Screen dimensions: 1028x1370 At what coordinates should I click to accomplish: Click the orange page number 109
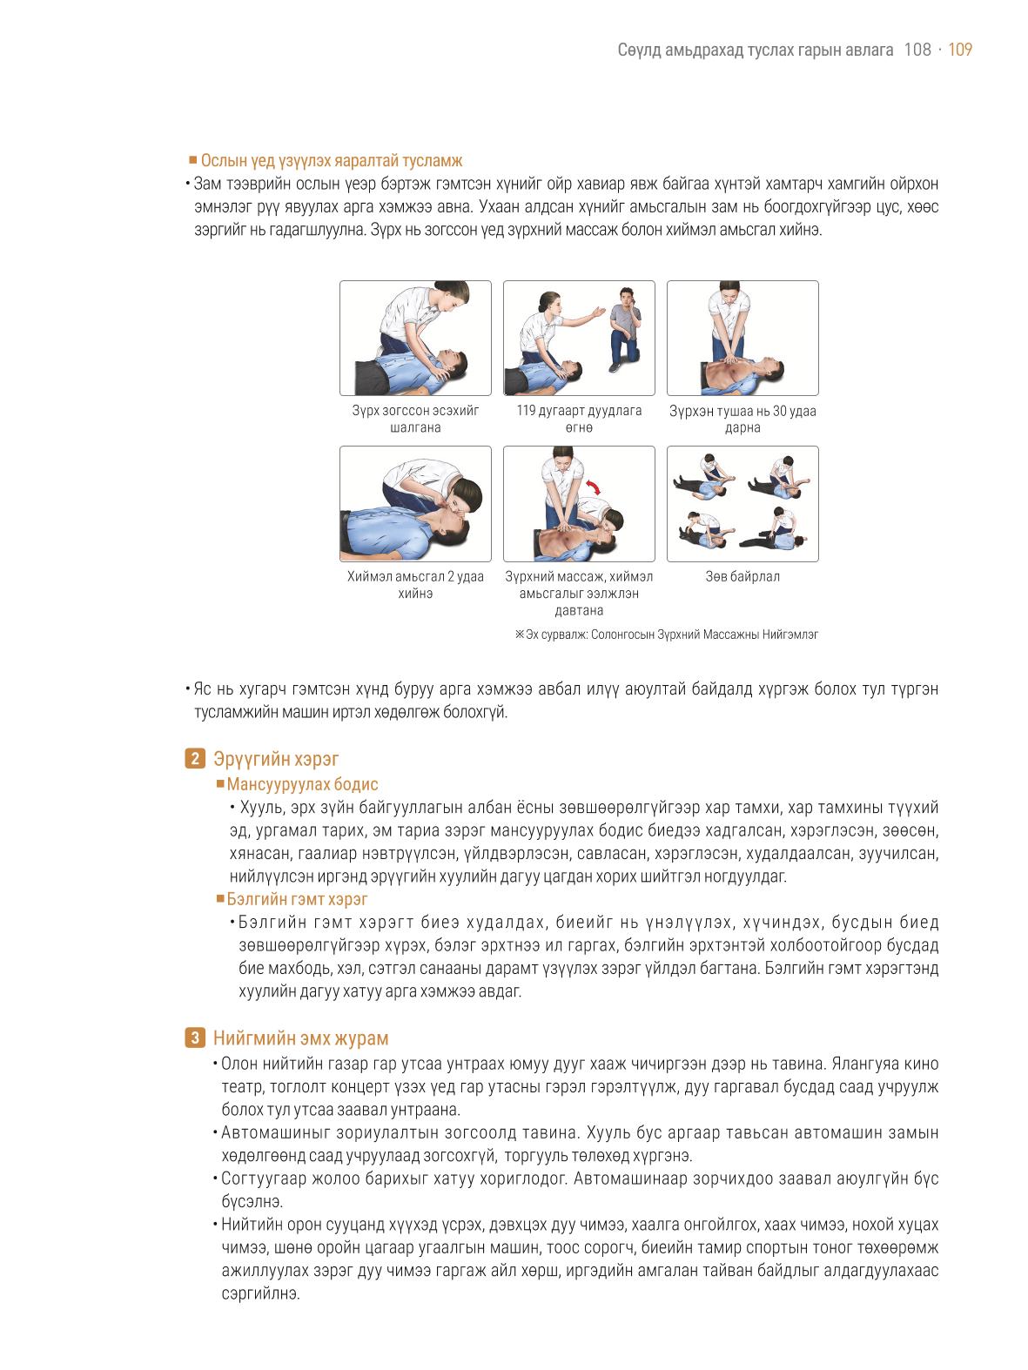pos(960,50)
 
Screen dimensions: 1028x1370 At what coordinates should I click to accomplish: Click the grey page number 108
pos(917,50)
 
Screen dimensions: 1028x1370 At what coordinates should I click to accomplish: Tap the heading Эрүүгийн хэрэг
pos(276,759)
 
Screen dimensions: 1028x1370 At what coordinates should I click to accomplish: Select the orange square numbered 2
pos(195,758)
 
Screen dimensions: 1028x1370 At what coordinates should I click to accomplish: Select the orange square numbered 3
pos(195,1038)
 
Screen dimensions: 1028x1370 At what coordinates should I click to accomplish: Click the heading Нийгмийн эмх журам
pos(301,1038)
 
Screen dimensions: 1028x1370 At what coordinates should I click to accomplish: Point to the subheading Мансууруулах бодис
pos(302,784)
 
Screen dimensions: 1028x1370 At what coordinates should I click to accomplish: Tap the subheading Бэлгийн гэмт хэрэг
pos(297,899)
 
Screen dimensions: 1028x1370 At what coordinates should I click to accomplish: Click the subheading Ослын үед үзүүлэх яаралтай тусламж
pos(332,160)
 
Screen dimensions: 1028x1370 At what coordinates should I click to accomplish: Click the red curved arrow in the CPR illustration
pos(594,487)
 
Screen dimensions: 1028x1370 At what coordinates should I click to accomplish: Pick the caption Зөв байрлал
pos(742,577)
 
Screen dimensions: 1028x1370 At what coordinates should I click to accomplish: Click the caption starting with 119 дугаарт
pos(579,419)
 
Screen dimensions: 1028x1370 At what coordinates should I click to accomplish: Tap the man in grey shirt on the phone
pos(625,328)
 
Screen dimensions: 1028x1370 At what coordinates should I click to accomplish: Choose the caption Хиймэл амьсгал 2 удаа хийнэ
pos(416,585)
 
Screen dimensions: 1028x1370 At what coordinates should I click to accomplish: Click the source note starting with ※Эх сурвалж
pos(666,635)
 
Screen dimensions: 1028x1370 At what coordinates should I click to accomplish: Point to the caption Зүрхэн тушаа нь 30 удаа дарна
pos(742,419)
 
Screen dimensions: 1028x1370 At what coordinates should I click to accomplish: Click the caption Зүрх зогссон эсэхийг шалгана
pos(416,419)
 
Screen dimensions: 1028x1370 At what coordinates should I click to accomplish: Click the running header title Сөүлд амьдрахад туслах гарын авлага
pos(756,50)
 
